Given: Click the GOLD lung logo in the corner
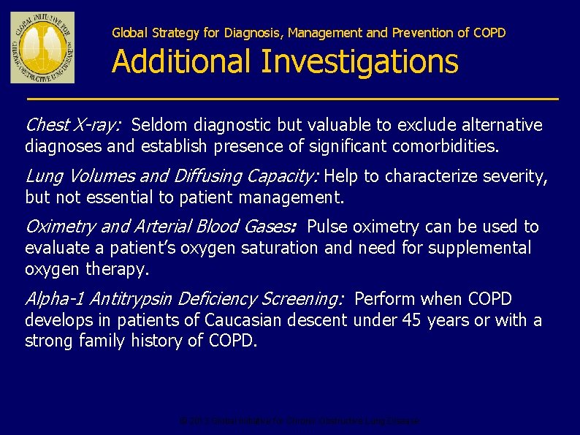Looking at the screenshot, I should click(x=42, y=48).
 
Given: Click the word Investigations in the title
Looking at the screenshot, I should click(x=359, y=61).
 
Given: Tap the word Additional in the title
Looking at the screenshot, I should click(x=183, y=61).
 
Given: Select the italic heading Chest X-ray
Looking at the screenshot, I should click(x=72, y=126).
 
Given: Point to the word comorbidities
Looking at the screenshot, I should click(x=446, y=146).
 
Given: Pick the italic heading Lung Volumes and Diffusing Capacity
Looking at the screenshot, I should click(x=172, y=176).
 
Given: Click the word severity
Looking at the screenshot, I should click(x=519, y=176).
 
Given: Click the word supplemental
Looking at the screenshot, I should click(x=480, y=248).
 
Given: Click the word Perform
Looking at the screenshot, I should click(x=385, y=299).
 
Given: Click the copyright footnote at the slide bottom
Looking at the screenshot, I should click(x=299, y=421).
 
